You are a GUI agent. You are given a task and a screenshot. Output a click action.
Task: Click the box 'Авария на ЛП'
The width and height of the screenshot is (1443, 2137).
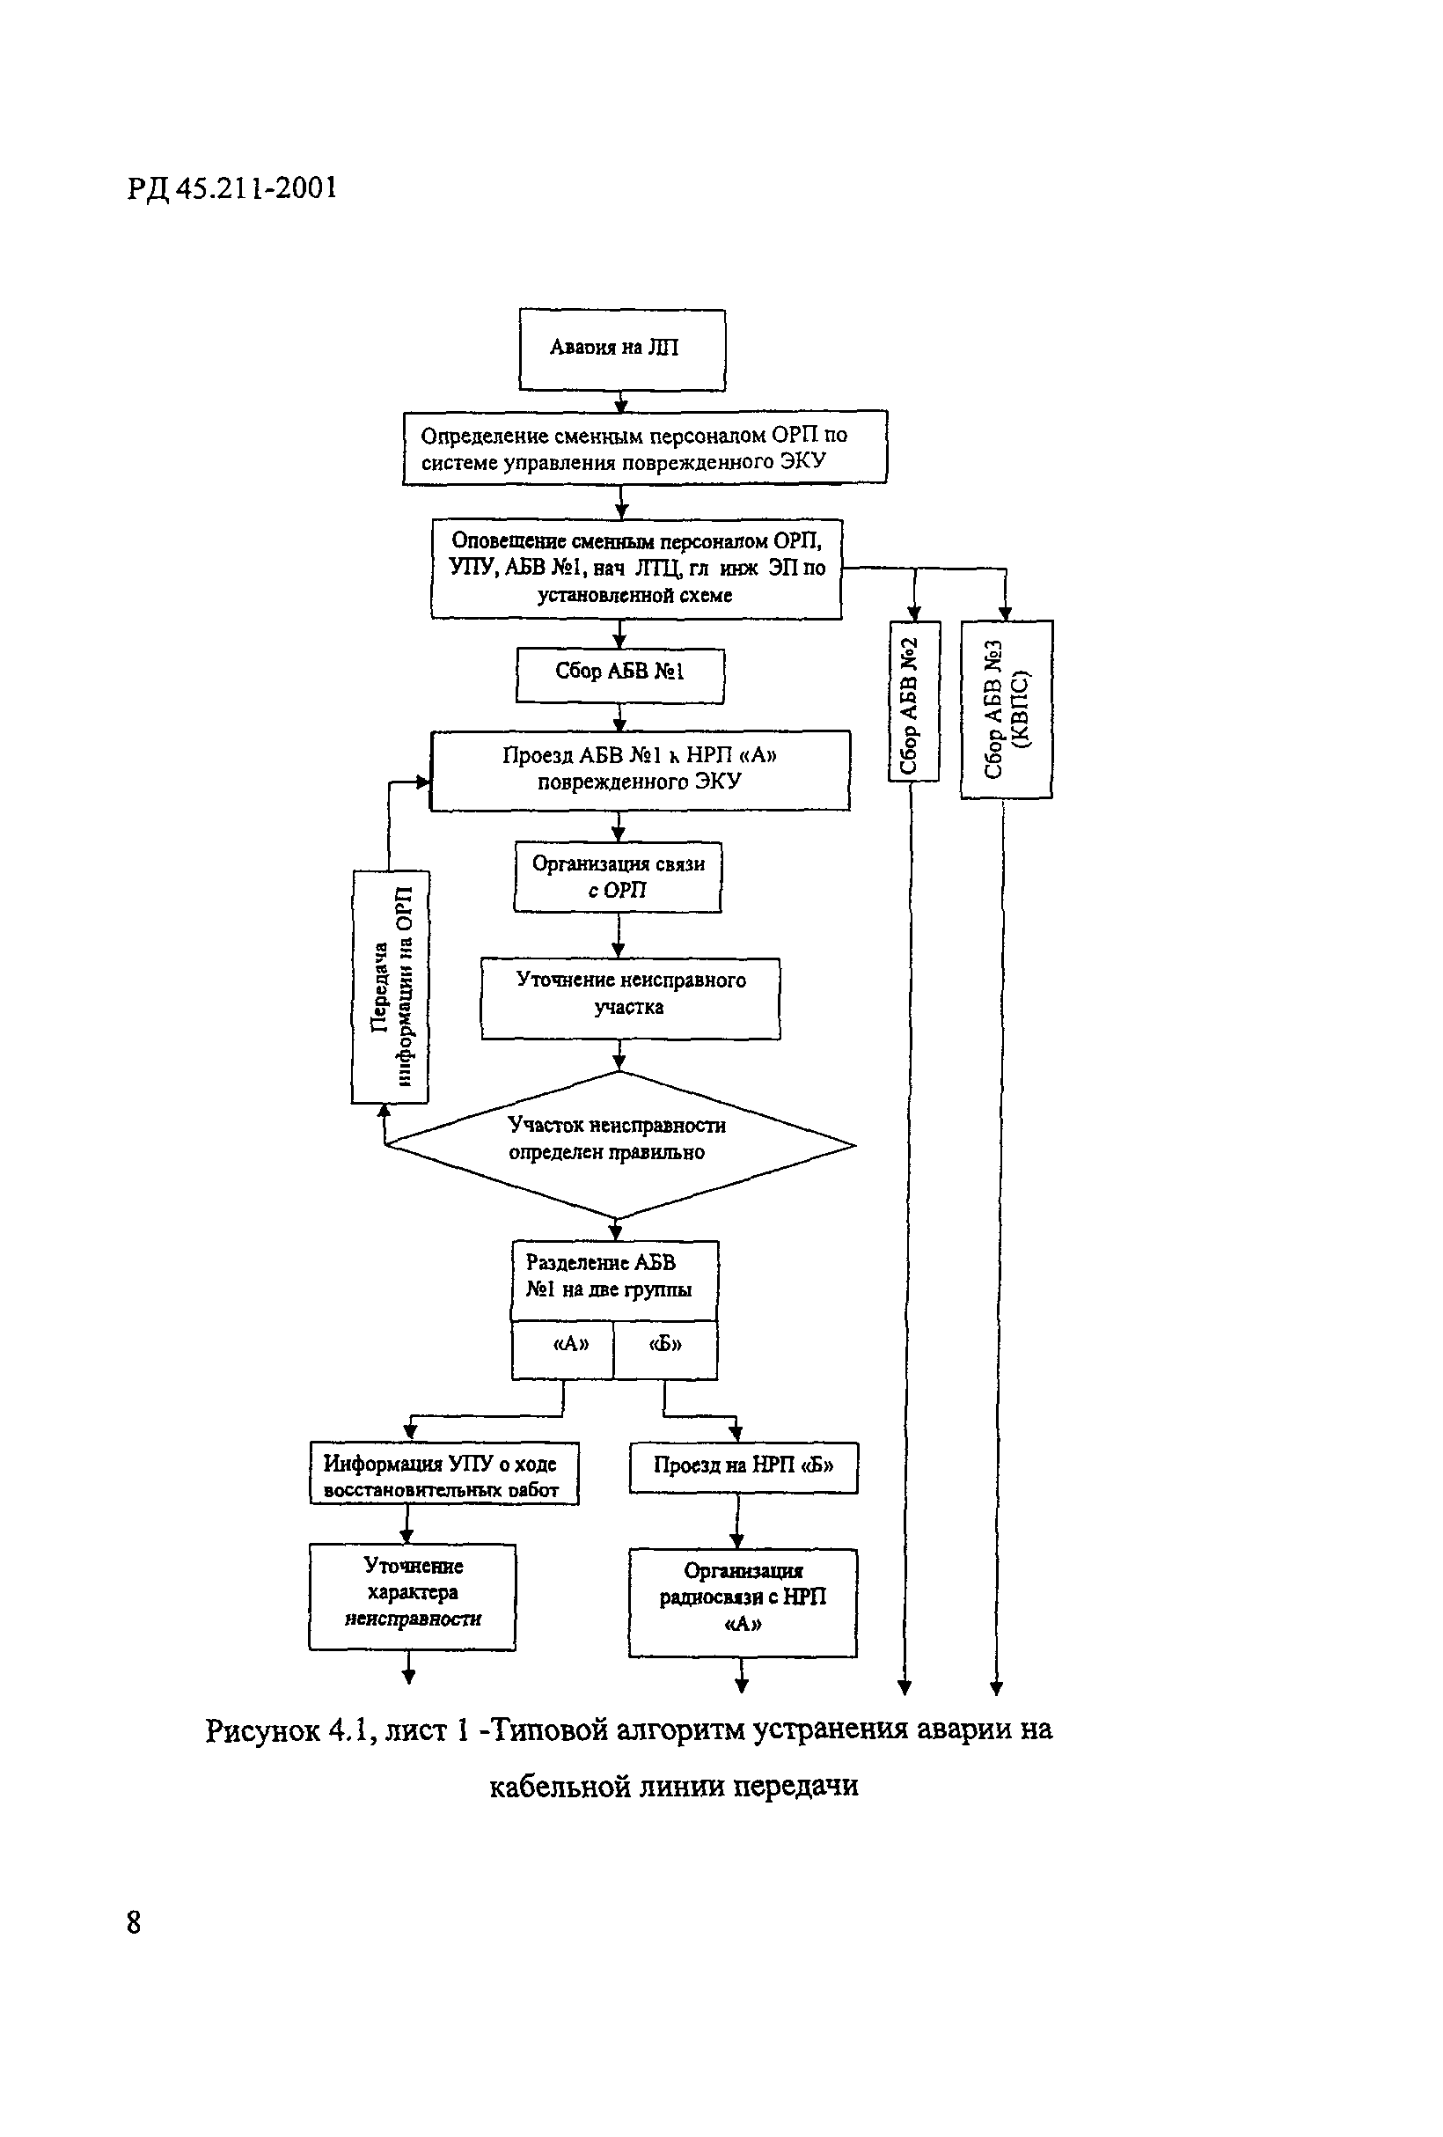click(x=621, y=349)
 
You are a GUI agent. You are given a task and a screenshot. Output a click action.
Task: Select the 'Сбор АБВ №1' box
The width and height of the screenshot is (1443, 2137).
click(x=619, y=675)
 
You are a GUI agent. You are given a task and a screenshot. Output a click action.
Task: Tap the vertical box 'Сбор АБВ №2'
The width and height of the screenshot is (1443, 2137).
click(x=912, y=702)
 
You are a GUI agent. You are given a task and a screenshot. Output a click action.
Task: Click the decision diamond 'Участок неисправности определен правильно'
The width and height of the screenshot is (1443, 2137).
click(x=619, y=1144)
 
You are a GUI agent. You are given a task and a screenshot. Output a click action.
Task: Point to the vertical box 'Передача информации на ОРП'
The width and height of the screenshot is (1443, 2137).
click(x=391, y=986)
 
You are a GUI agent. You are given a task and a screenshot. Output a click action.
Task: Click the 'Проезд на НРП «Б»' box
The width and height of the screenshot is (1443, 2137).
click(x=743, y=1466)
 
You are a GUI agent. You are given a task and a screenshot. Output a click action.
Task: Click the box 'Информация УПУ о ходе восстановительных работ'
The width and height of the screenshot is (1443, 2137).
click(x=444, y=1473)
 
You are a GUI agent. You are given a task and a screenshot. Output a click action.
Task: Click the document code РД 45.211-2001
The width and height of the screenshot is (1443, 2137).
click(x=231, y=188)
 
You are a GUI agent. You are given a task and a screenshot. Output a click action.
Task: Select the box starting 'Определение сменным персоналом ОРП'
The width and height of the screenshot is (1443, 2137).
click(x=644, y=447)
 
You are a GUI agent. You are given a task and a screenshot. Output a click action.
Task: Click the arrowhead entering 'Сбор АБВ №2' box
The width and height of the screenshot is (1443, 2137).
click(x=913, y=613)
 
